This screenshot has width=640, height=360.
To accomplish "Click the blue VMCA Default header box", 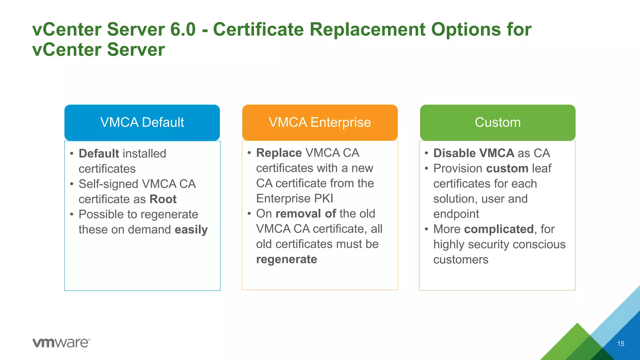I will (x=142, y=122).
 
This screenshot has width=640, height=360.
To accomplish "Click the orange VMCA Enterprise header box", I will (x=320, y=122).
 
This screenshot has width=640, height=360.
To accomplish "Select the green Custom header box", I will (x=497, y=122).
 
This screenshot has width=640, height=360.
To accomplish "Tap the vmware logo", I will (x=61, y=343).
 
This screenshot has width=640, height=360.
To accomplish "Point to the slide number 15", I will (x=621, y=344).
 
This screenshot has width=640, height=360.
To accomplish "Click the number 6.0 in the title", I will (x=183, y=29).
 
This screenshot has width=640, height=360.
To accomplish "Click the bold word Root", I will (x=163, y=199).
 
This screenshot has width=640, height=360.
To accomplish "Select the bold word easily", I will (x=191, y=230).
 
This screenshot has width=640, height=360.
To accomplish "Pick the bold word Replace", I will (x=279, y=153).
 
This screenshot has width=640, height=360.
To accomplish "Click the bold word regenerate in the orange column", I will (x=287, y=260).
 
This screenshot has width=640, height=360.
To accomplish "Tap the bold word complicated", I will (x=499, y=229).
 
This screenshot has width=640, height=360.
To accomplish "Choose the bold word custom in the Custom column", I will (x=507, y=169).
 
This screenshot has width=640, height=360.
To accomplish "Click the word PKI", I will (x=324, y=199).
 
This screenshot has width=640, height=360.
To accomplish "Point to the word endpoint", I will (x=456, y=214).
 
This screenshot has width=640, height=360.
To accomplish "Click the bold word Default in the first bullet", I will (x=99, y=154).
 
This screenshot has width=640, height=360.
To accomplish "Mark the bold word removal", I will (x=298, y=214).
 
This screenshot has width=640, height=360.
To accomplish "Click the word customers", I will (x=461, y=260).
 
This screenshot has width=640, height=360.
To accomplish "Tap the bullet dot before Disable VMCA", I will (x=426, y=153).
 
